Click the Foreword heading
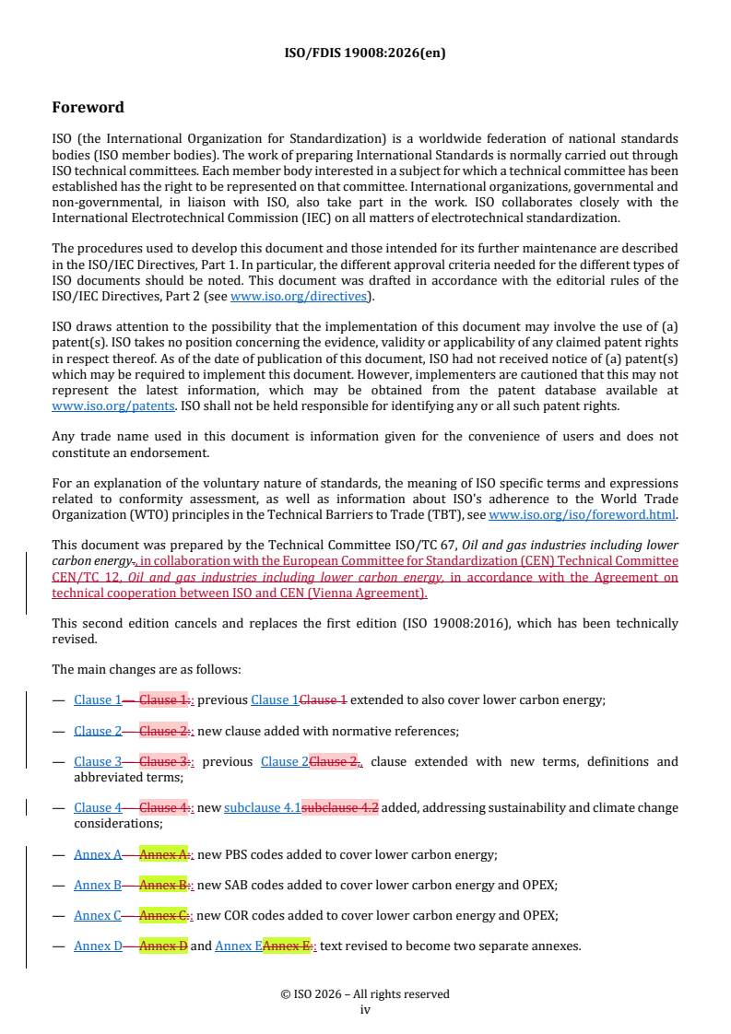(88, 108)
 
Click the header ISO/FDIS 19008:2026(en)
(365, 53)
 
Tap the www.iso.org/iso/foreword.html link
(582, 515)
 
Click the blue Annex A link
(98, 854)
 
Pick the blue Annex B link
(98, 885)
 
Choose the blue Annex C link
(98, 915)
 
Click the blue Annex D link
(98, 946)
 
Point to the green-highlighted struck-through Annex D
(163, 946)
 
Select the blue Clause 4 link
(98, 807)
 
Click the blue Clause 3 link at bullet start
(98, 761)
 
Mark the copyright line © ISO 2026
(365, 993)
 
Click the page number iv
(365, 1009)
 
